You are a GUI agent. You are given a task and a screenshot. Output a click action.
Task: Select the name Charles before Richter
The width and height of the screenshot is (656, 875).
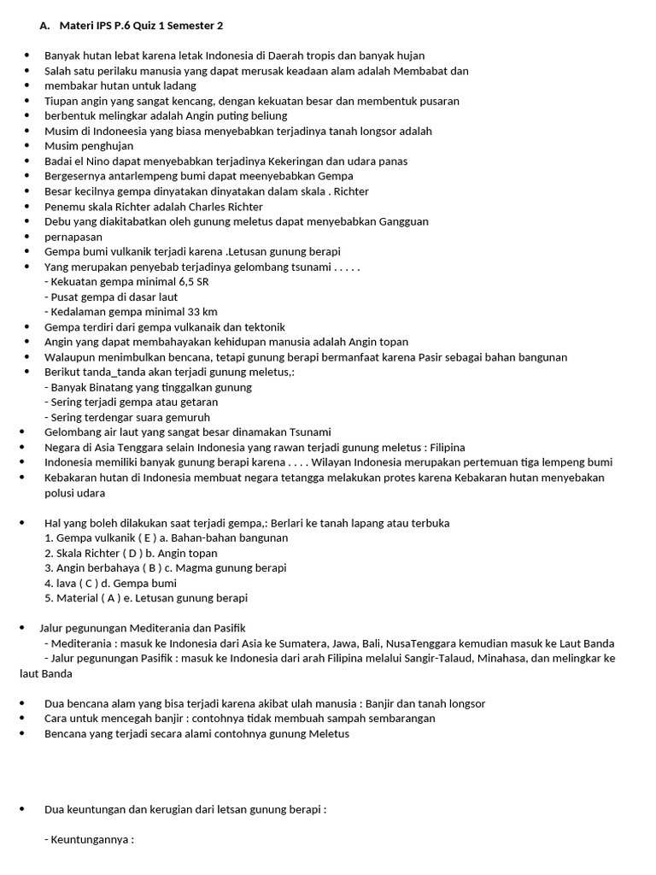point(208,206)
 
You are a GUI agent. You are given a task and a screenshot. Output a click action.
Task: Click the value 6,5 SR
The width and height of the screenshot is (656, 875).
point(190,281)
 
